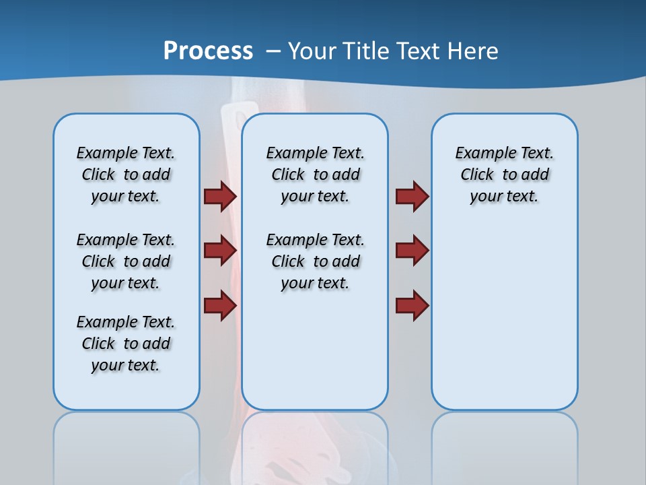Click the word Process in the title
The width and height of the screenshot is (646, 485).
208,51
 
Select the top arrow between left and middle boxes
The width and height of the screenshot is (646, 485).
220,196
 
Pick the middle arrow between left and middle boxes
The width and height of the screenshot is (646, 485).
220,251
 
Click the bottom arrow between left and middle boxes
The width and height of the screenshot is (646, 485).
220,305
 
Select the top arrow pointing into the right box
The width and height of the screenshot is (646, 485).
412,196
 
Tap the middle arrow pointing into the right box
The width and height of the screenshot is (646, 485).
412,251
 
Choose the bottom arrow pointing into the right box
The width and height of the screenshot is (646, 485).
412,305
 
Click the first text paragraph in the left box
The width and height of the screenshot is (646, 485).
126,174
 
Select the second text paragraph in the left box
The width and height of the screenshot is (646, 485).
126,261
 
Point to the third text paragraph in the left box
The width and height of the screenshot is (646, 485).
126,344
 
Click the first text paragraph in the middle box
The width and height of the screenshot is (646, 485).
315,174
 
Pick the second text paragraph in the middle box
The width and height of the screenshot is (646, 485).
315,261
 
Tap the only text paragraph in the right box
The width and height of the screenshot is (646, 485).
504,174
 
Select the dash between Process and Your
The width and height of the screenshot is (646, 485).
273,51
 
